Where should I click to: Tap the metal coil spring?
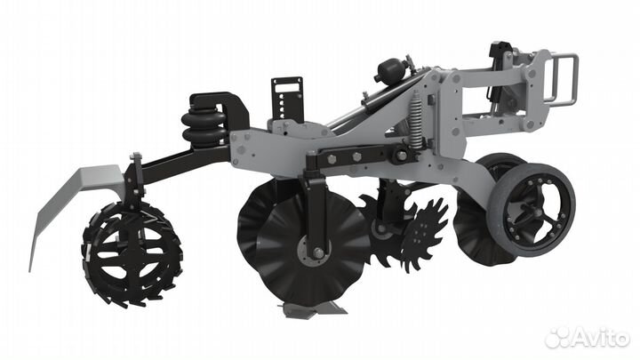[x=415, y=120]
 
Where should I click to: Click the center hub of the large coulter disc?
[x=317, y=253]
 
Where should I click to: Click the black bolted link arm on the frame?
[x=360, y=157]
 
